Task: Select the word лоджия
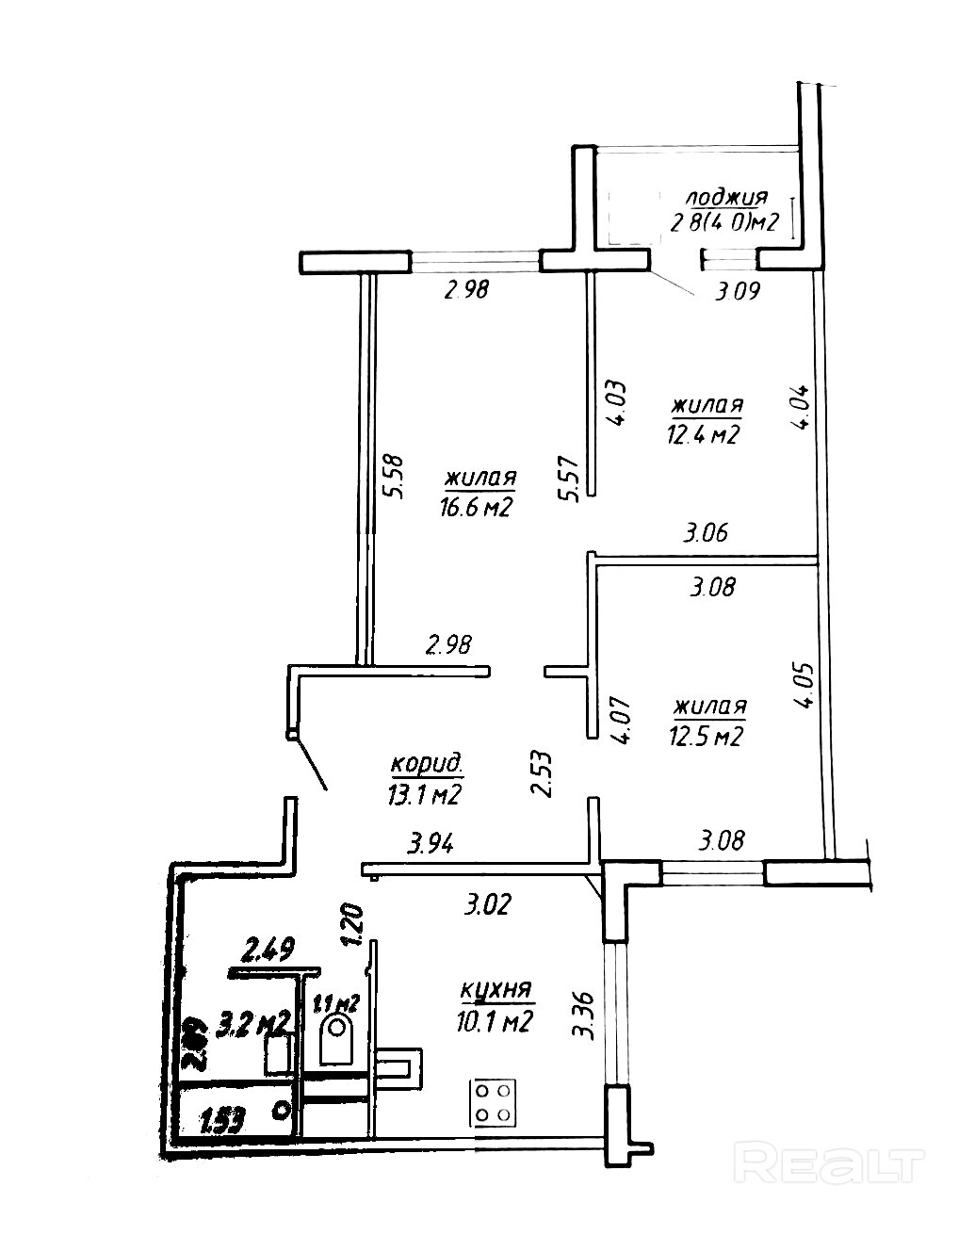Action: tap(726, 199)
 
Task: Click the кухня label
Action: tap(496, 991)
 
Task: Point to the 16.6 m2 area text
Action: tap(475, 508)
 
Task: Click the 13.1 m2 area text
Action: tap(423, 795)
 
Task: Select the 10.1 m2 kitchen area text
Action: tap(497, 1021)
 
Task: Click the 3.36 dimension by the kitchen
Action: tap(584, 1015)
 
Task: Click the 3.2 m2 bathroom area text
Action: tap(252, 1022)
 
